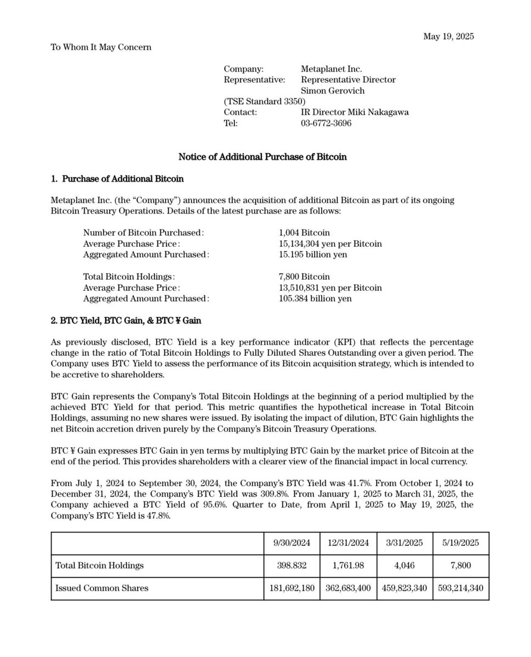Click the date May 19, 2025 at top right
(x=448, y=37)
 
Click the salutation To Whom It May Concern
(x=101, y=47)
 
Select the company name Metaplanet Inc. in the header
(x=332, y=69)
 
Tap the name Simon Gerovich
(x=333, y=90)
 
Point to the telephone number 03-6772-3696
(x=326, y=123)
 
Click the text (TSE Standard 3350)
(x=265, y=101)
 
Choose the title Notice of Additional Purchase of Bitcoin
(x=262, y=157)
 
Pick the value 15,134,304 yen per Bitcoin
(x=330, y=244)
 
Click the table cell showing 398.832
(x=293, y=565)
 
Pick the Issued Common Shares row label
(x=102, y=589)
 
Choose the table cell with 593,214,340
(x=461, y=589)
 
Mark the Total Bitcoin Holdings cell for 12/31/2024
(x=349, y=565)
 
